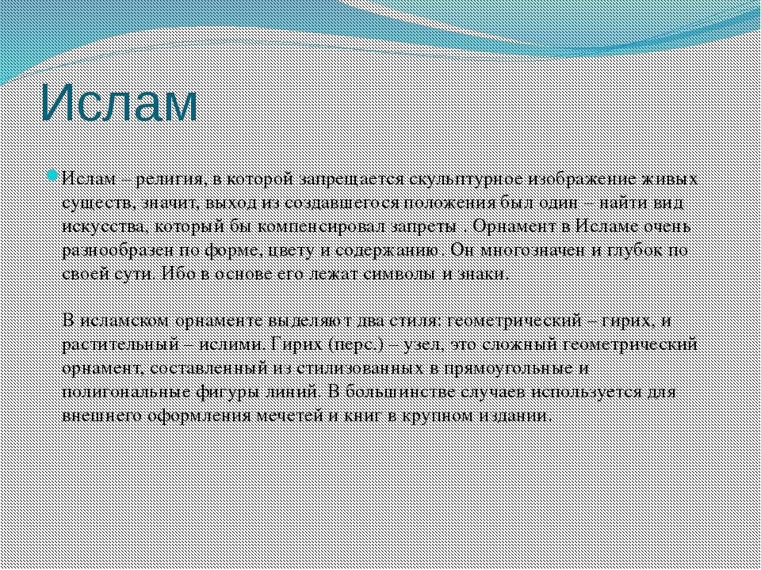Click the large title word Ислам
(x=118, y=102)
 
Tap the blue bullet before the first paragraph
(x=53, y=175)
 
